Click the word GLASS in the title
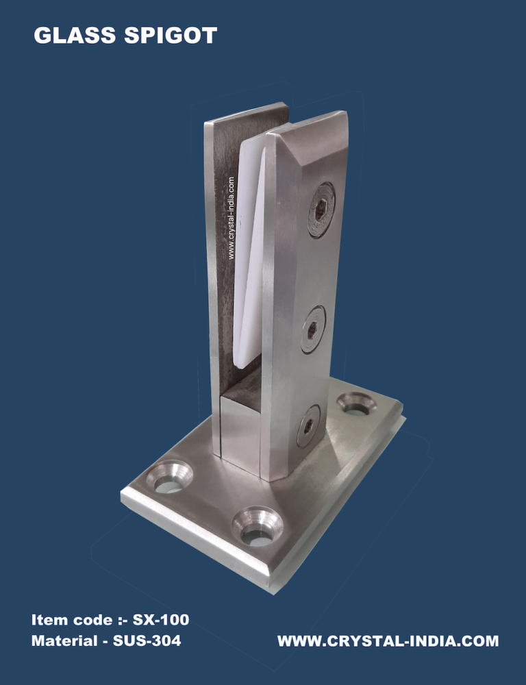(x=75, y=36)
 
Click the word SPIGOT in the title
(x=171, y=36)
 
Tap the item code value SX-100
(x=161, y=619)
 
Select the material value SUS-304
(x=147, y=640)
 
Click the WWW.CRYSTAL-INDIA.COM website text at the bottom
(x=388, y=641)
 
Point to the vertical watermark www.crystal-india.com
(x=231, y=218)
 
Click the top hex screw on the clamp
(x=321, y=210)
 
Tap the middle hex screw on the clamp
(x=313, y=329)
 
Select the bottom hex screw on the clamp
(x=308, y=426)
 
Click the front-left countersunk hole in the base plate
(x=169, y=477)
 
